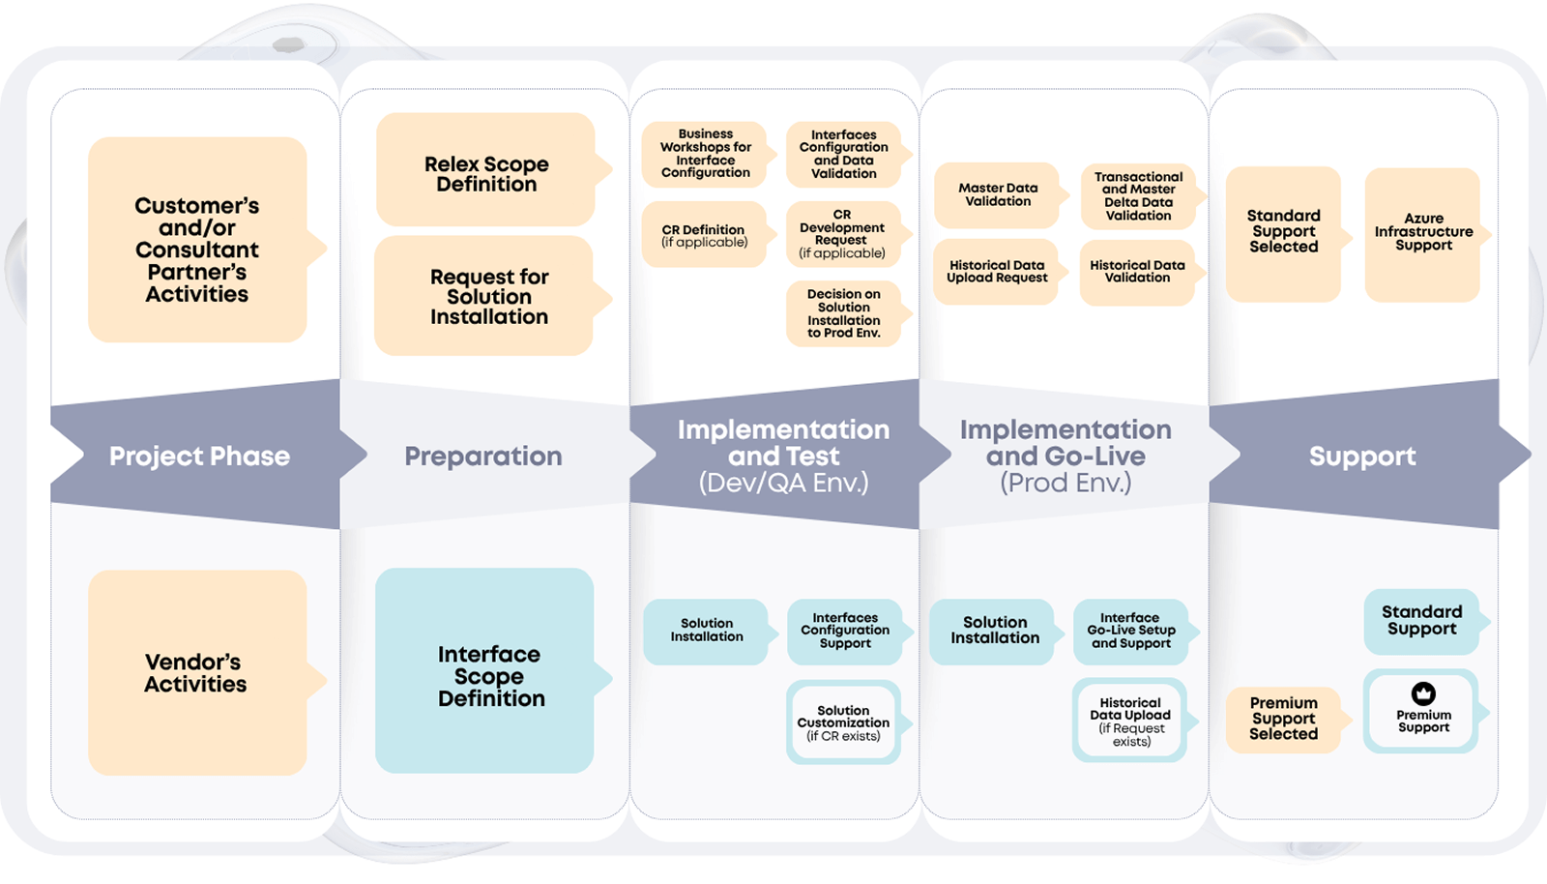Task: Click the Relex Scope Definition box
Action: [486, 172]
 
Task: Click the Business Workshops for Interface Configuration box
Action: [706, 154]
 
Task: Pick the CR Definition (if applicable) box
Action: [705, 235]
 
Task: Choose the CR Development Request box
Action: [842, 234]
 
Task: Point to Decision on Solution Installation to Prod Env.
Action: [844, 313]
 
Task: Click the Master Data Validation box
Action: [998, 194]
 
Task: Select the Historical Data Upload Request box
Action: [997, 271]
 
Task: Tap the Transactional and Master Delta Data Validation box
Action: [1138, 196]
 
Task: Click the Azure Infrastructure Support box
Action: [1423, 233]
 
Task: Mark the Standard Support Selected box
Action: [1283, 232]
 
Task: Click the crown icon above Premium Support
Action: [1423, 693]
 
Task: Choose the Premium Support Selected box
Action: [1283, 719]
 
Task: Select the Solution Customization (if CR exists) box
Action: [843, 722]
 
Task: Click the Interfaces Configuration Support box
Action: [845, 631]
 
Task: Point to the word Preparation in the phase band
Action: [483, 457]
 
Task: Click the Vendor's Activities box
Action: [196, 673]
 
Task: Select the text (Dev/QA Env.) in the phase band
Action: [783, 483]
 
